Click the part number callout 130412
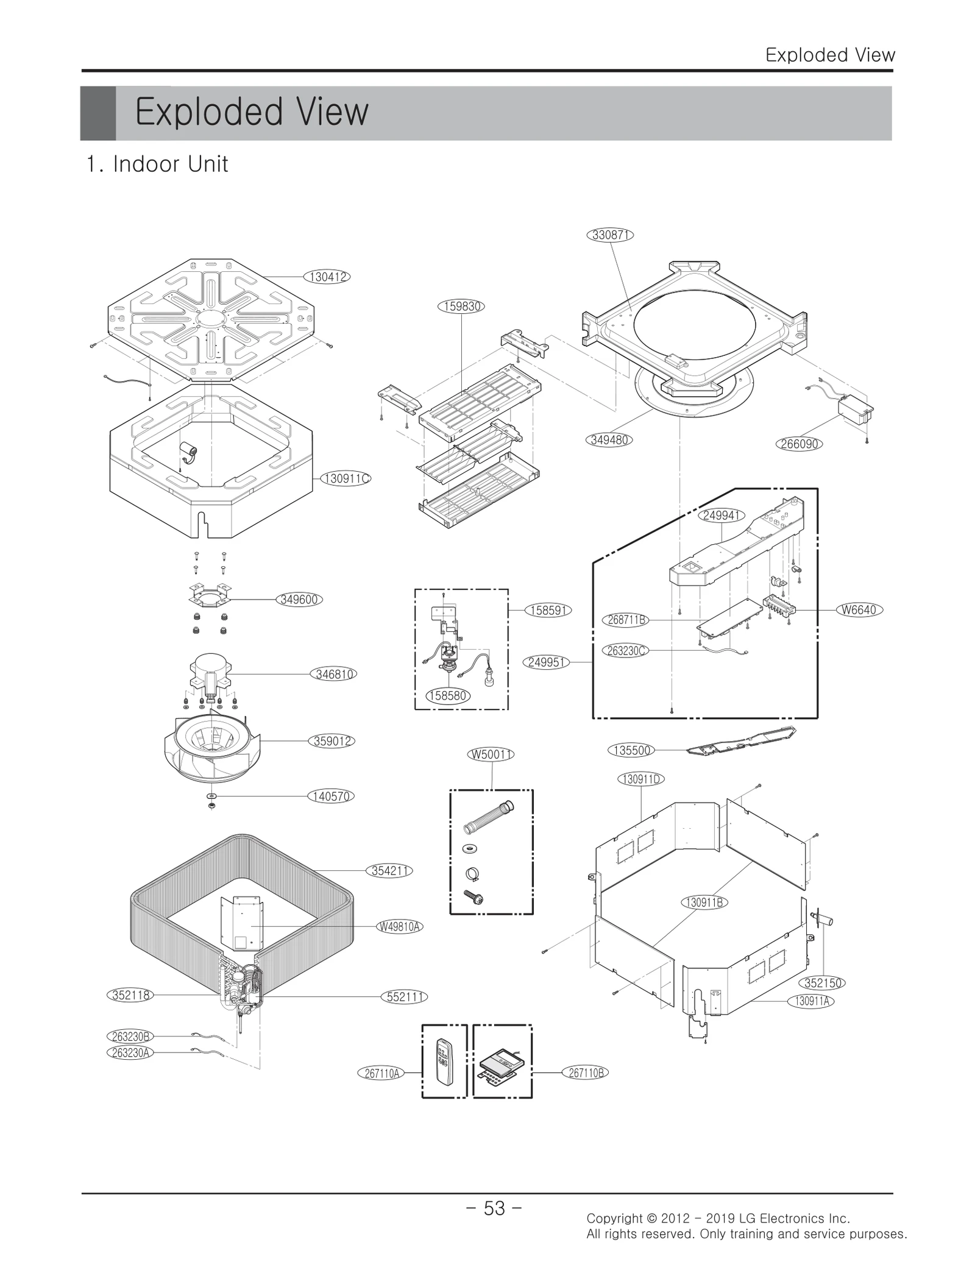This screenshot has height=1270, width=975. [328, 277]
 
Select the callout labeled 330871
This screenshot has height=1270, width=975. [611, 235]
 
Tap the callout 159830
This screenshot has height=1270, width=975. [461, 306]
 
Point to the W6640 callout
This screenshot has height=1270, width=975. [859, 609]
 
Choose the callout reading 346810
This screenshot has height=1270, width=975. [334, 674]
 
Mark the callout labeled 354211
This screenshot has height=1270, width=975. [391, 871]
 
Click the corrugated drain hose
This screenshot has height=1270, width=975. [489, 818]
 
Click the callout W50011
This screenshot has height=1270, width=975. [491, 754]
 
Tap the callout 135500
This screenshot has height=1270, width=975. [631, 750]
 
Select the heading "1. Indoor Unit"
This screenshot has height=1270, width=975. [157, 164]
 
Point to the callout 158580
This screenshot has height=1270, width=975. [448, 695]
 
